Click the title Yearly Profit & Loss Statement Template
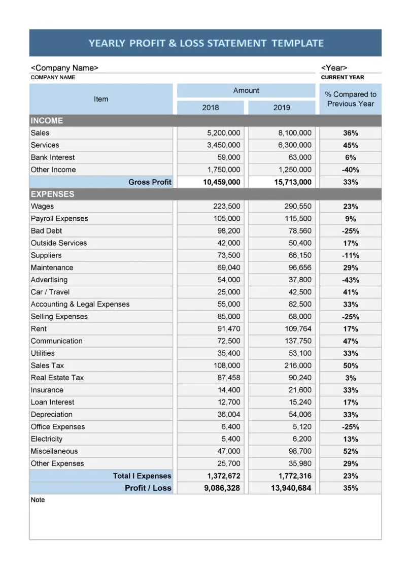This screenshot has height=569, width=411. point(205,43)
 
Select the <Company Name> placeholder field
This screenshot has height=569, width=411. point(65,68)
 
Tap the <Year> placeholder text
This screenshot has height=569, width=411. point(334,68)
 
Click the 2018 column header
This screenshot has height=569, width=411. point(211,108)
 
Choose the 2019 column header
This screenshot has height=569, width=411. point(282,108)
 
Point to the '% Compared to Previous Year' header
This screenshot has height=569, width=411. point(350,99)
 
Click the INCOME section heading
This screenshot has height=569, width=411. point(47,121)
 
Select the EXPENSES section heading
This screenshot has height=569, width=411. point(52,194)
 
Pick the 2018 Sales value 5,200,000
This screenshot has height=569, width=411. point(224,133)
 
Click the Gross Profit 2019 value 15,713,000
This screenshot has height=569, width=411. point(293,182)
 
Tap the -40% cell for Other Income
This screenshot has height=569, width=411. point(350,170)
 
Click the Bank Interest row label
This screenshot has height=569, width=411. point(53,157)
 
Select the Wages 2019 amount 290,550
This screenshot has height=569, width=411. point(298,207)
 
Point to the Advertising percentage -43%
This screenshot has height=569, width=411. point(350,280)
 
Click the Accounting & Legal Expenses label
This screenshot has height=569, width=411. point(80,305)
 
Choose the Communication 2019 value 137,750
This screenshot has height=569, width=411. point(298,341)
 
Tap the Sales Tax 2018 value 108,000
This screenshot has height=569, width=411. point(227,365)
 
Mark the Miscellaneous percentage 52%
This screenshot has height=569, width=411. point(350,451)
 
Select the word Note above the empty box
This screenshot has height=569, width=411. point(38,500)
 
